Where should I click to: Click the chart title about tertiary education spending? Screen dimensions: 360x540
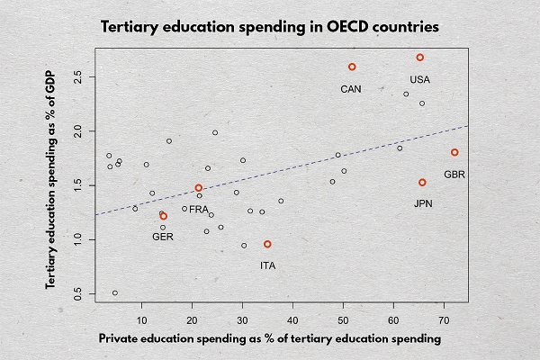tap(270, 27)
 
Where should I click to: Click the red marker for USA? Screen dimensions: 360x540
tap(419, 58)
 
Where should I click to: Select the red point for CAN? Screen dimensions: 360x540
tap(352, 67)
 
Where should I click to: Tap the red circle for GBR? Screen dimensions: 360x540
tap(454, 152)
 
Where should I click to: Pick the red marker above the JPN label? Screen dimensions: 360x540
tap(422, 183)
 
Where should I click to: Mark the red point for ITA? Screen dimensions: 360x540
tap(267, 244)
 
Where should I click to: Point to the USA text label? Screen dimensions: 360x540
tap(419, 79)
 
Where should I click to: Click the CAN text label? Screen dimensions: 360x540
tap(352, 89)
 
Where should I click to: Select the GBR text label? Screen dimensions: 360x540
tap(454, 174)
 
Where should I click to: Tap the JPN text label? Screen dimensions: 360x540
tap(424, 204)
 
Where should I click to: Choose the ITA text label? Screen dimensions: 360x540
tap(268, 265)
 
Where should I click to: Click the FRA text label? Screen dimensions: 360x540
tap(199, 210)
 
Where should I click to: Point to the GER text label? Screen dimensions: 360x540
tap(163, 237)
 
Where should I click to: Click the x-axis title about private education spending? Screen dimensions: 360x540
tap(270, 339)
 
